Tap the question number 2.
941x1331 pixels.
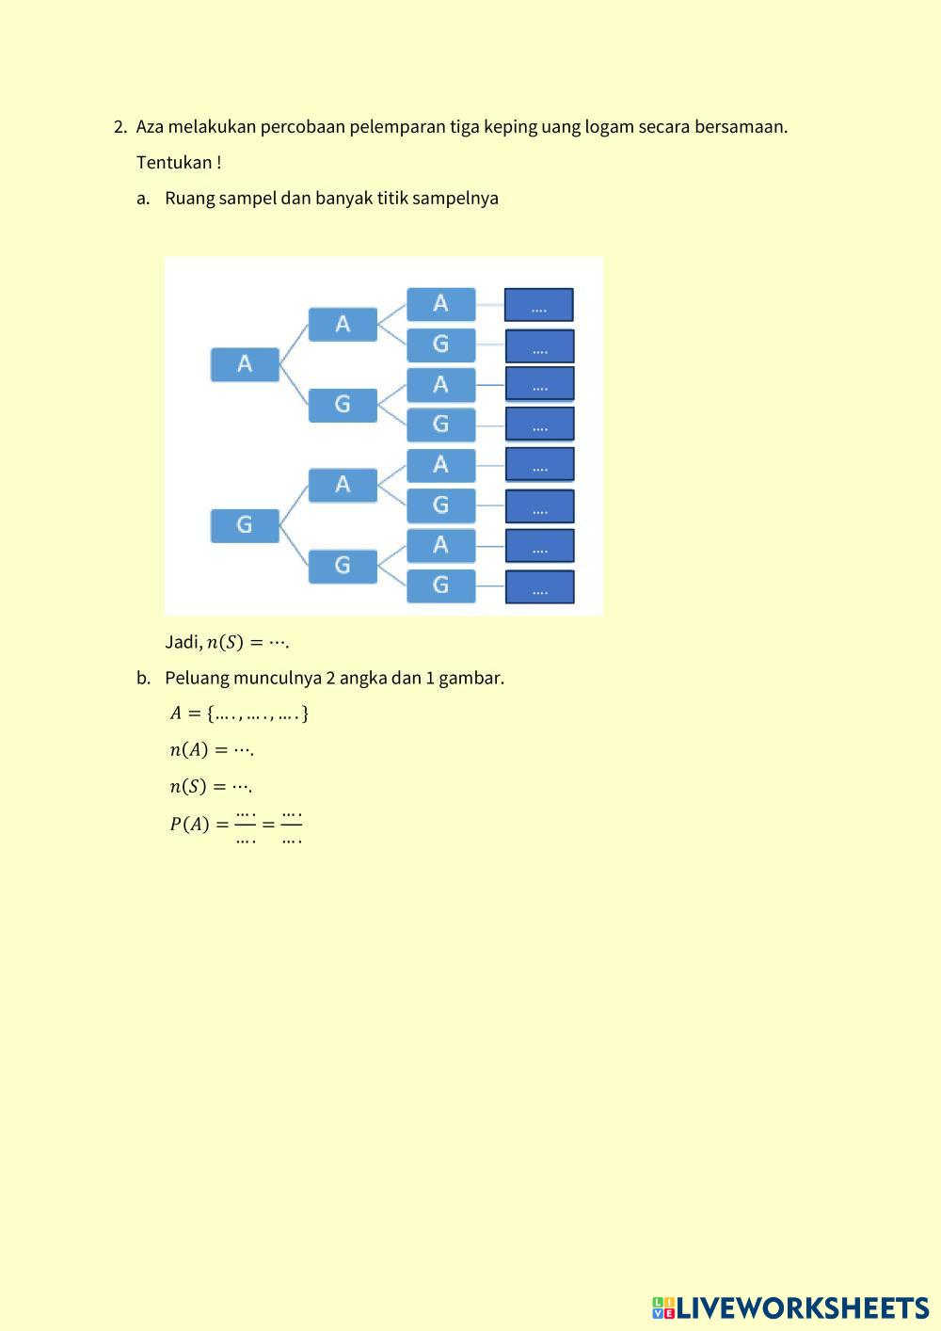[x=120, y=127]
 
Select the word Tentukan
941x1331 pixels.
[x=174, y=163]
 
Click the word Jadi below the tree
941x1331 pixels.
[x=183, y=642]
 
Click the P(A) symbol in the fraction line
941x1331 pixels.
[x=189, y=825]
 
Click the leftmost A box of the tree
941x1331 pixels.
[x=245, y=364]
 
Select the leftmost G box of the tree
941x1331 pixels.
[x=245, y=525]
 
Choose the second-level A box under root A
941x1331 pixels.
[x=343, y=325]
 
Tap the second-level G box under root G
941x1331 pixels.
[x=343, y=566]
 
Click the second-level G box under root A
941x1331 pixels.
[x=343, y=405]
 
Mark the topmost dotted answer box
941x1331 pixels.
[x=539, y=305]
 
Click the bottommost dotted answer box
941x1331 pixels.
[x=539, y=587]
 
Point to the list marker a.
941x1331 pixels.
[x=143, y=199]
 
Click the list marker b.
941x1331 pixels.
[x=143, y=678]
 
